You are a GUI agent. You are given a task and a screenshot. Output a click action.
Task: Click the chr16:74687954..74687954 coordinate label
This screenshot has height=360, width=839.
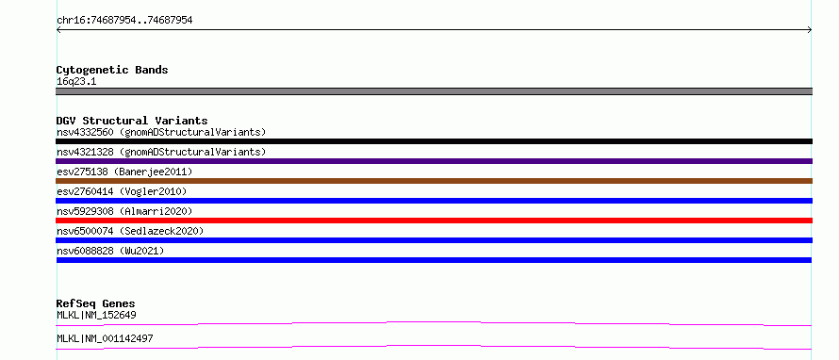(124, 21)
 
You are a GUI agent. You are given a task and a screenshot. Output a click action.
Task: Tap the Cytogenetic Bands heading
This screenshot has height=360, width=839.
(112, 70)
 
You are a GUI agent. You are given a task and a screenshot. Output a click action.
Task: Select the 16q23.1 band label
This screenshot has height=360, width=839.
(76, 82)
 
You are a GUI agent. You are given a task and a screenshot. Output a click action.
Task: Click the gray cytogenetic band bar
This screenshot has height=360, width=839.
(434, 91)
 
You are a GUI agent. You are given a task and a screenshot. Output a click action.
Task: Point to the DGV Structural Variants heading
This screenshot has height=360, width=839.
(132, 121)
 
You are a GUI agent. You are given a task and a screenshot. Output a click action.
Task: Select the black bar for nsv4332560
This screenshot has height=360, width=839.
(434, 141)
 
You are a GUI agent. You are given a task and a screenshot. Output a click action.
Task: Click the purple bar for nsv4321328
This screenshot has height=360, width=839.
(434, 161)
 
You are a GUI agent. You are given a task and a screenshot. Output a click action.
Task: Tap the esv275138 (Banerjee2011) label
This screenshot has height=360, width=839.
(124, 172)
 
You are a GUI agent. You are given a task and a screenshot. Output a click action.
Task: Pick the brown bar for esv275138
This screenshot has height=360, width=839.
(434, 181)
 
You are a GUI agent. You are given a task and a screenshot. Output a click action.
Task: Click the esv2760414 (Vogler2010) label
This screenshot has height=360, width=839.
(122, 191)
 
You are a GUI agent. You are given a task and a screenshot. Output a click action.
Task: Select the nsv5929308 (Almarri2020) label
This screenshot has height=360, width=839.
(124, 211)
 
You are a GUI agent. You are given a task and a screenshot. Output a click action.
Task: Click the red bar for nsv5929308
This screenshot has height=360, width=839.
(434, 221)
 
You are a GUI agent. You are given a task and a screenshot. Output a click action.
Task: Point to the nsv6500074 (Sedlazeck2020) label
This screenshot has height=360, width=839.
(130, 231)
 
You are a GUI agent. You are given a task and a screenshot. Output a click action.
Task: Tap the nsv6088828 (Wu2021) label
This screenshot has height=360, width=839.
(110, 251)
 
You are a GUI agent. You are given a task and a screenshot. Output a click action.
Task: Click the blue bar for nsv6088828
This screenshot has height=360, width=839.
(434, 260)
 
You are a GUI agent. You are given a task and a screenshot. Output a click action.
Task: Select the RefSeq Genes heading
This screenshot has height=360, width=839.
(96, 303)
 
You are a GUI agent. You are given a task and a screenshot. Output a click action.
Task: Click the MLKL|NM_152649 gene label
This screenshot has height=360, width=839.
(96, 315)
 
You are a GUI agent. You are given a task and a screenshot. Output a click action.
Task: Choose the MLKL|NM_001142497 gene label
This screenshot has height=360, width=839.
(105, 338)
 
